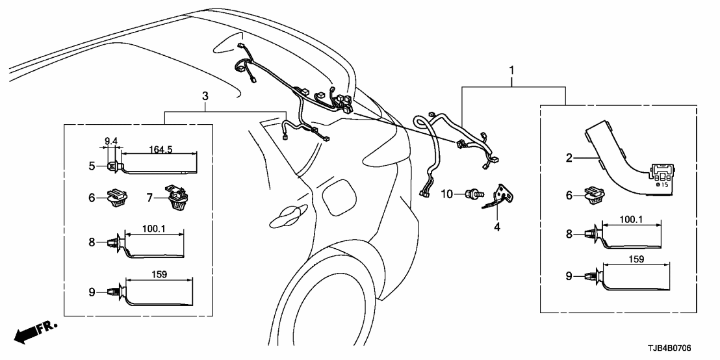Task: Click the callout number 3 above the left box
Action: coord(205,96)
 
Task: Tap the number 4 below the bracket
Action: coord(498,227)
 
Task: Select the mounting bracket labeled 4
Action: coord(500,196)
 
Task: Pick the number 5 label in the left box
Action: coord(92,166)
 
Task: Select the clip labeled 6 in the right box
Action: coord(594,195)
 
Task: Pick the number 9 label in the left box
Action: coord(92,292)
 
